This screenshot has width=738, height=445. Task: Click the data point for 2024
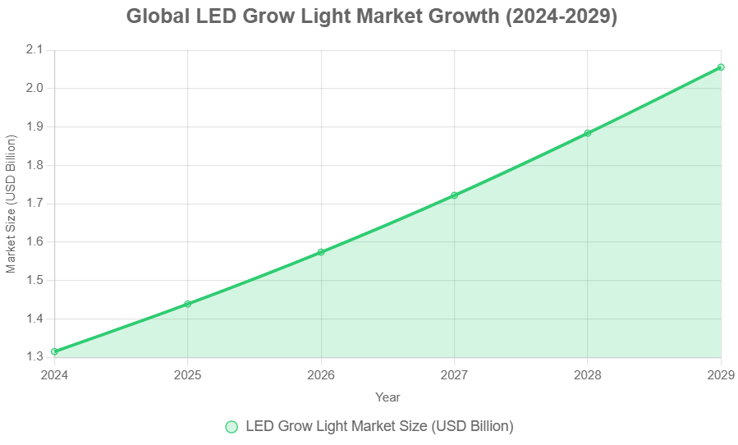pyautogui.click(x=55, y=351)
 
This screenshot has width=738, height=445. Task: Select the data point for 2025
pyautogui.click(x=188, y=304)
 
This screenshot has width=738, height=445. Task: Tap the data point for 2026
pyautogui.click(x=321, y=252)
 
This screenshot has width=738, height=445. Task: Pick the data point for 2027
pyautogui.click(x=454, y=195)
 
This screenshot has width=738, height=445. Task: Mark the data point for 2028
pyautogui.click(x=588, y=133)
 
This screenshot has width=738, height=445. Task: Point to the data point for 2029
pyautogui.click(x=721, y=67)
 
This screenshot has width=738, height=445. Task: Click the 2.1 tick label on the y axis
pyautogui.click(x=34, y=50)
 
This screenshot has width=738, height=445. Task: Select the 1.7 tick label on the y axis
pyautogui.click(x=34, y=204)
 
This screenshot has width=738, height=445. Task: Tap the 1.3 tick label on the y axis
pyautogui.click(x=34, y=357)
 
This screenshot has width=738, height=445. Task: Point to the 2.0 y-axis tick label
pyautogui.click(x=34, y=89)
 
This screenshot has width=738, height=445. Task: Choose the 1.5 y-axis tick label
pyautogui.click(x=34, y=281)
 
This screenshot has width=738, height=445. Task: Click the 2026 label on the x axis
pyautogui.click(x=321, y=374)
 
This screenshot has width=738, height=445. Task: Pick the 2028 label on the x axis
pyautogui.click(x=588, y=374)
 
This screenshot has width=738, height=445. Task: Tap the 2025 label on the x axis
pyautogui.click(x=188, y=374)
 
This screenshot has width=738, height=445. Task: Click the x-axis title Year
pyautogui.click(x=387, y=397)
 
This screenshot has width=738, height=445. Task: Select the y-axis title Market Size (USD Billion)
pyautogui.click(x=11, y=204)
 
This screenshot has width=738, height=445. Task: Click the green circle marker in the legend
pyautogui.click(x=231, y=426)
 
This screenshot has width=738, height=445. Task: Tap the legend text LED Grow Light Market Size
pyautogui.click(x=379, y=426)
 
